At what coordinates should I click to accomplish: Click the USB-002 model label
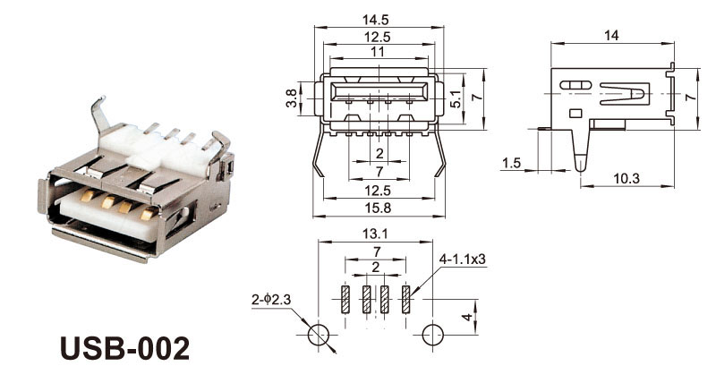124,349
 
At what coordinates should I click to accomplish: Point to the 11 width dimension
377,52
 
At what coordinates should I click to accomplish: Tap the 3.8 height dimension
292,98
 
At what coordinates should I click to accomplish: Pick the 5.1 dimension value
456,98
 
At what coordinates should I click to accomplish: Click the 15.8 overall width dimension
378,209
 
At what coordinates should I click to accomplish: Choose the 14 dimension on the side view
611,36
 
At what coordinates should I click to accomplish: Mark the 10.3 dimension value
626,179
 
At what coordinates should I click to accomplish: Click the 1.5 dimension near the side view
511,163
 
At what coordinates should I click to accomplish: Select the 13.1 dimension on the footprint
375,234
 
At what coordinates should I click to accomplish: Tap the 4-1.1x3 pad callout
463,260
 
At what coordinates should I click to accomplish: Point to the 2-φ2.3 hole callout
271,300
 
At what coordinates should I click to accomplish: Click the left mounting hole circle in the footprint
319,335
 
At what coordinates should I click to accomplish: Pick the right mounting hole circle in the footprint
433,335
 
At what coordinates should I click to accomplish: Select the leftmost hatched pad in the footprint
345,300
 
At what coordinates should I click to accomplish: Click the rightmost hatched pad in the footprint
405,300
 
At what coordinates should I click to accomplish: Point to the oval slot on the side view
575,85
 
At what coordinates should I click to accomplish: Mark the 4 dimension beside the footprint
467,317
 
